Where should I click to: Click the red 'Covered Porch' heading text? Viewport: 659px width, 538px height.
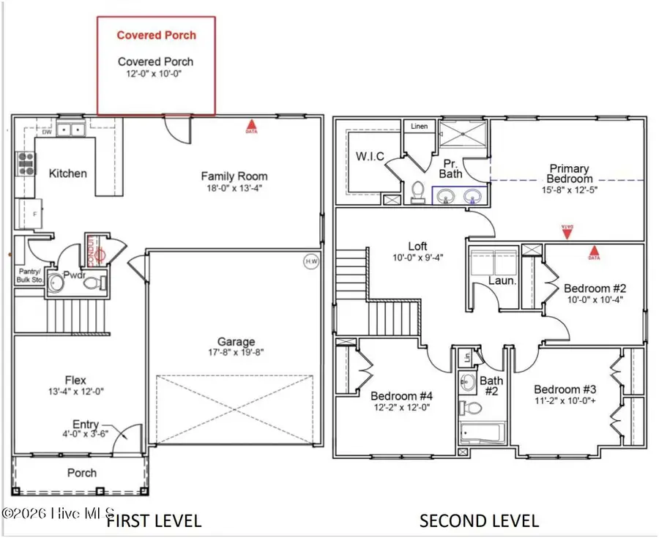click(x=157, y=34)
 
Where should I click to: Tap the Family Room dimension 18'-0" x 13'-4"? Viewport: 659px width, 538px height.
click(x=234, y=187)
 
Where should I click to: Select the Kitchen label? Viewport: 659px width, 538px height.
click(x=67, y=173)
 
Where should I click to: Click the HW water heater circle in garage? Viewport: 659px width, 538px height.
click(x=310, y=261)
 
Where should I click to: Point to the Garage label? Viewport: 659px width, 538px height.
click(x=236, y=342)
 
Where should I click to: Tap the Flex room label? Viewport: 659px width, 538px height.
click(x=75, y=380)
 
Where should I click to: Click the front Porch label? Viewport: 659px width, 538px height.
click(x=82, y=472)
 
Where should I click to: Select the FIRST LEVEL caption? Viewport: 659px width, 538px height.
click(x=153, y=521)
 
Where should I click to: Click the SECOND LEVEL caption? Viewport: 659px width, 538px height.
click(x=479, y=521)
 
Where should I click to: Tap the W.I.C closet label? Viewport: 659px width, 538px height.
click(x=370, y=157)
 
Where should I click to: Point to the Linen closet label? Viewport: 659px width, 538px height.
click(x=419, y=127)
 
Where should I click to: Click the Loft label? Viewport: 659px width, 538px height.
click(x=417, y=246)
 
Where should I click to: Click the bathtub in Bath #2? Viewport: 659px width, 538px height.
click(x=481, y=432)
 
